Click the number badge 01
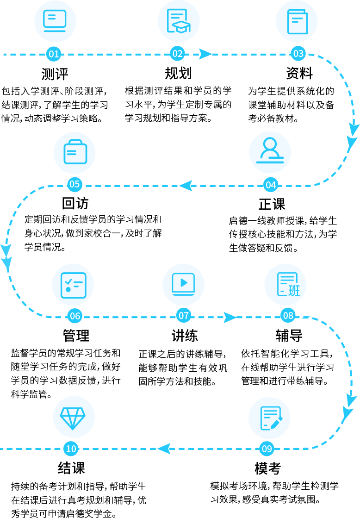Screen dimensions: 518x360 [x=54, y=54]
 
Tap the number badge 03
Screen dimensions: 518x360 [x=298, y=54]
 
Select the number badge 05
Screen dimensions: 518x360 [x=74, y=185]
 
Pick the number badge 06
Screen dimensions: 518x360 [x=74, y=316]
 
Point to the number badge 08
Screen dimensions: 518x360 [x=288, y=316]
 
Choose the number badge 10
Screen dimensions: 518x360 [x=71, y=449]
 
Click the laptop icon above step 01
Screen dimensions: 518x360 [x=55, y=21]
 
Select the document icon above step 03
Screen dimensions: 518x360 [x=297, y=21]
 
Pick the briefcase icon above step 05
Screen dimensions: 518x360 [x=74, y=153]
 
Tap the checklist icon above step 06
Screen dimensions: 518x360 [x=73, y=285]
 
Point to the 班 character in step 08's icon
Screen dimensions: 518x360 [x=294, y=291]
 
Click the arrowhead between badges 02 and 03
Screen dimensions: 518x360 [x=205, y=54]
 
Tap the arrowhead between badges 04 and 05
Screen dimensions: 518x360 [x=186, y=186]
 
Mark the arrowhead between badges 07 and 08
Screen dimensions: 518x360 [x=230, y=317]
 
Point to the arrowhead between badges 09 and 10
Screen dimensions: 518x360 [x=164, y=449]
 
